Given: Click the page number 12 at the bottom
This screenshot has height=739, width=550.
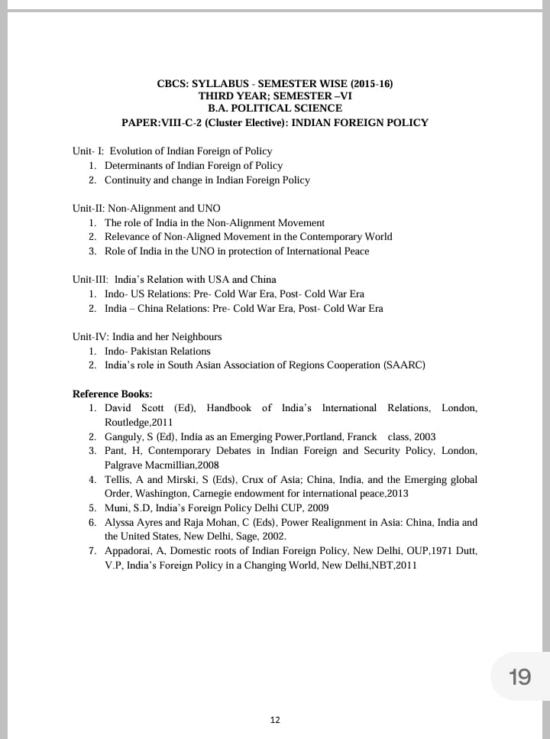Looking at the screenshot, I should point(275,720).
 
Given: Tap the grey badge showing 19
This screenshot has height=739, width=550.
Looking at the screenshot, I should point(519,676).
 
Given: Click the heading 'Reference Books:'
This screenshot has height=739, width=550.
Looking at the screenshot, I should point(112,394).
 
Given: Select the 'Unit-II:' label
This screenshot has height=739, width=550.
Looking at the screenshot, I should point(89,208).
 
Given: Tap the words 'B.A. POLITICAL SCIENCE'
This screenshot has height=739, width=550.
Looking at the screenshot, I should point(275,109).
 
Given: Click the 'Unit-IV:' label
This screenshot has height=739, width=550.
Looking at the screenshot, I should point(90,337).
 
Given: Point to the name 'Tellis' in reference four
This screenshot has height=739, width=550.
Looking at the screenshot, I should point(118,479).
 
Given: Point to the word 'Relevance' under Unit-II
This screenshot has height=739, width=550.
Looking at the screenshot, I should point(128,237).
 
